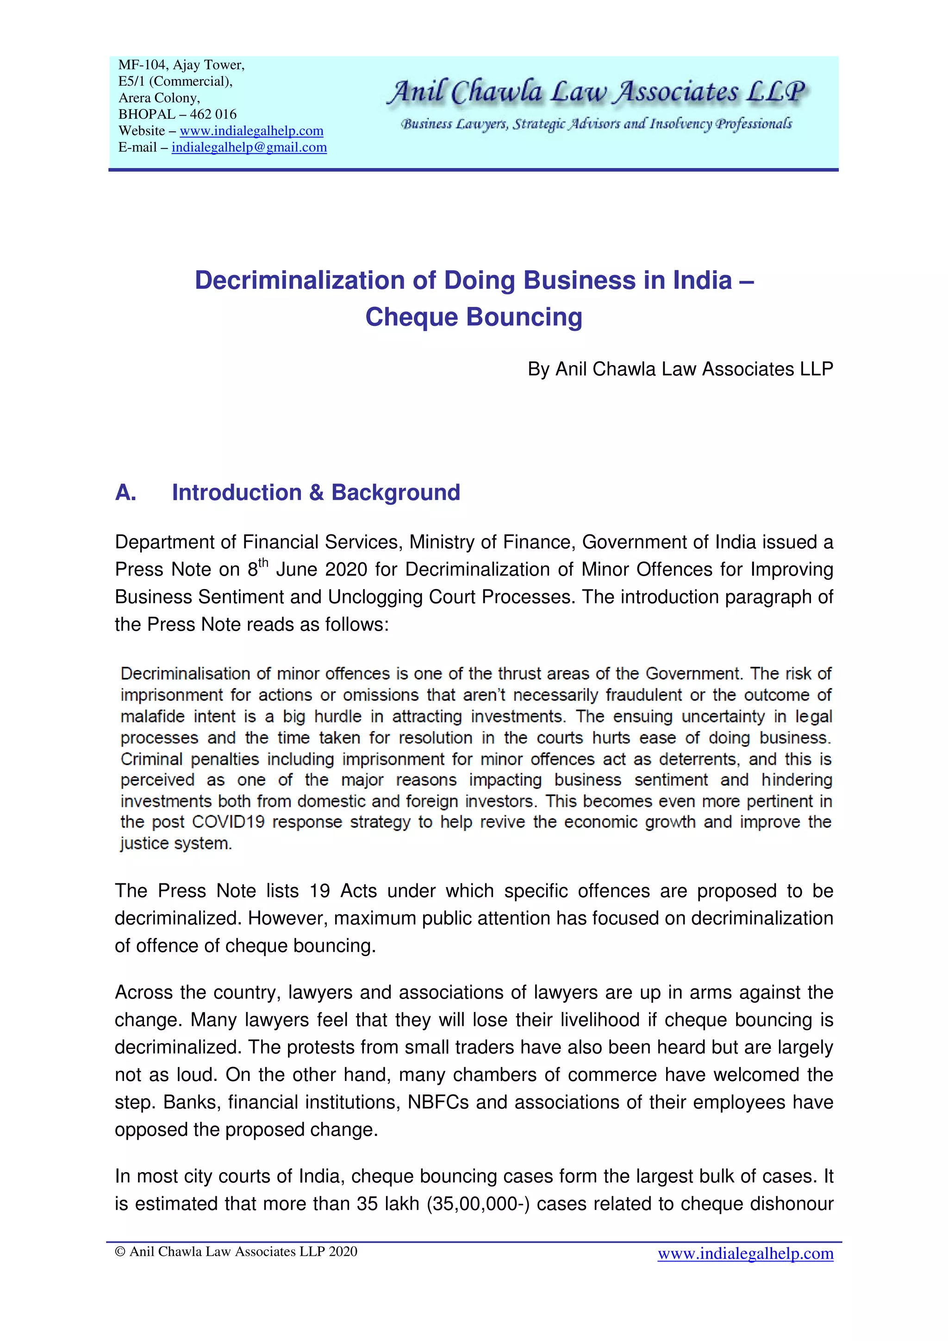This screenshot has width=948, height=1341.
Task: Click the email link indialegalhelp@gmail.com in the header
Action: coord(249,147)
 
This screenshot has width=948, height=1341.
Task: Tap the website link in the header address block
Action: coord(251,131)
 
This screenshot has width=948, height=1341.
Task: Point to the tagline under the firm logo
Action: coord(596,124)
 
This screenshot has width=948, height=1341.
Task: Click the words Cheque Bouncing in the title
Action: coord(474,317)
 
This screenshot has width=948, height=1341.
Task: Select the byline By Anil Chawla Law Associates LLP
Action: coord(680,369)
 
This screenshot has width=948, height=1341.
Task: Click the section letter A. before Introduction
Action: coord(125,493)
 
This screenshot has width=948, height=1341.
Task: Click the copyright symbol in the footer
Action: coord(121,1252)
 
